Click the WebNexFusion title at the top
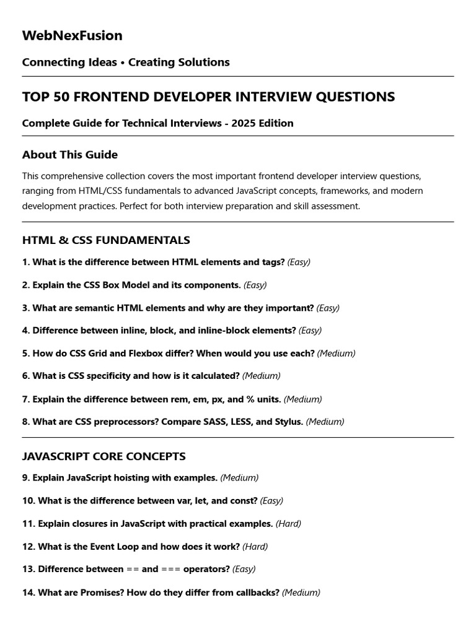[72, 36]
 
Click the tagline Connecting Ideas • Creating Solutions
[126, 63]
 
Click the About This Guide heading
[69, 155]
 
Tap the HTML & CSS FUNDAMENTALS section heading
[106, 240]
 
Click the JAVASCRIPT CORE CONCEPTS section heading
[104, 456]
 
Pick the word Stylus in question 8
[288, 422]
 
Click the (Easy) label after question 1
[299, 263]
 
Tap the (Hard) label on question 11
[288, 524]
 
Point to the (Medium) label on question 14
[301, 593]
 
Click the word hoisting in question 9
[133, 478]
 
